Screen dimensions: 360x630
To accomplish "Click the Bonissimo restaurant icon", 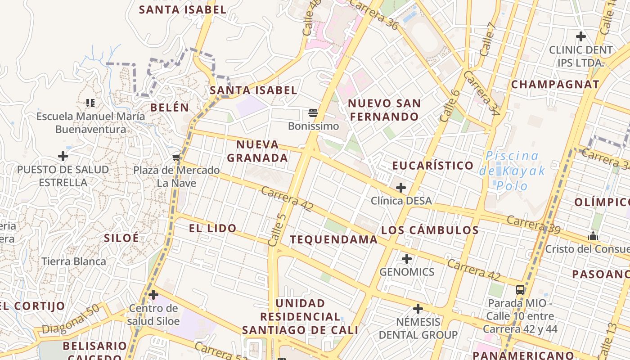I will coord(313,112).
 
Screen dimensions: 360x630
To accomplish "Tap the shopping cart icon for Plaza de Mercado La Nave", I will coord(176,157).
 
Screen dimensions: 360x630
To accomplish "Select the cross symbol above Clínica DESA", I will coord(401,187).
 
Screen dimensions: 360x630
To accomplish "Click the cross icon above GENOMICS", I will coord(407,259).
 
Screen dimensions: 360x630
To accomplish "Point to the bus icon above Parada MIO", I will coord(520,289).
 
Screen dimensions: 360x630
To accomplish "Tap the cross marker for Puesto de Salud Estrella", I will coord(63,156).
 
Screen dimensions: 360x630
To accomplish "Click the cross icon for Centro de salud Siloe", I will coord(153,295).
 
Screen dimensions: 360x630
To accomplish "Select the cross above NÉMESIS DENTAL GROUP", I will coord(418,309).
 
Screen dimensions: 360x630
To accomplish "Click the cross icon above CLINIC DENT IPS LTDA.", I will coord(581,36).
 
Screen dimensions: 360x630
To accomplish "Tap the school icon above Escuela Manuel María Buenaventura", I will coord(90,103).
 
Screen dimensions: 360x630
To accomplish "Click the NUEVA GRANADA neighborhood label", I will coord(257,151).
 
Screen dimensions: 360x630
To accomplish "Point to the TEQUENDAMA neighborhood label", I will coord(334,239).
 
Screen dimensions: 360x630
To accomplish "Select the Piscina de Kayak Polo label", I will coord(512,171).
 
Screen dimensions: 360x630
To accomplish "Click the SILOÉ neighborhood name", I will coord(121,238).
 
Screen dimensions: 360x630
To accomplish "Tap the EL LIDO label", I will coord(212,228).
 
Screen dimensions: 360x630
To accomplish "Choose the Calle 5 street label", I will coord(277,229).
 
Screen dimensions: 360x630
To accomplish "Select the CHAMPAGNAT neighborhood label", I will coord(555,85).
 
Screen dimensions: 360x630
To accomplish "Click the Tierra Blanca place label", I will coord(74,261).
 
